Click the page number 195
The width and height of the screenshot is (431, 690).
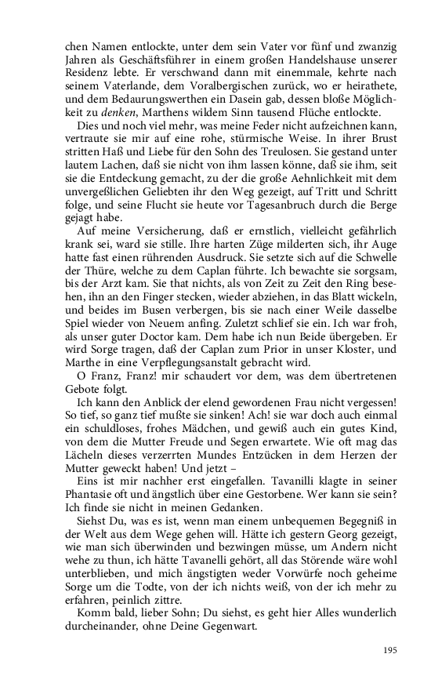[x=390, y=650]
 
